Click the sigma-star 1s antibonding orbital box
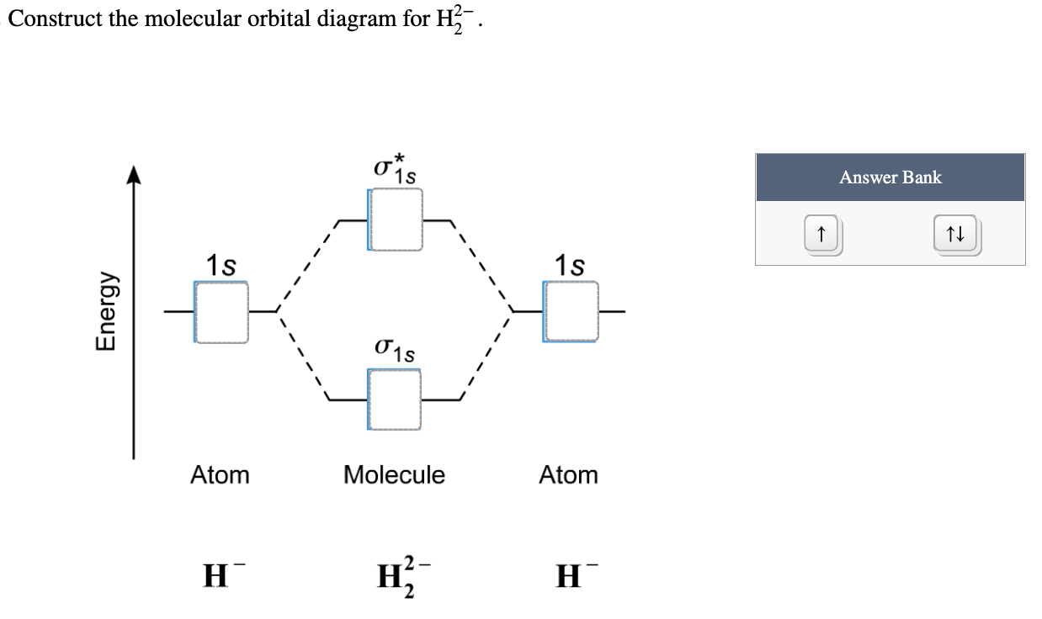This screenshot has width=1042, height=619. click(x=395, y=220)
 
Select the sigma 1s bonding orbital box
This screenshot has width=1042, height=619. click(x=395, y=399)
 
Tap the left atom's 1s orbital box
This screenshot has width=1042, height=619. click(x=221, y=312)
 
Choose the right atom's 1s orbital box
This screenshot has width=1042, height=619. click(x=571, y=312)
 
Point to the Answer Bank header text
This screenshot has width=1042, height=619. click(x=890, y=177)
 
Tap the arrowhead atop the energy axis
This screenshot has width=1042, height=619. click(x=132, y=175)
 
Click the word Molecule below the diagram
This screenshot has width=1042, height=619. click(x=394, y=475)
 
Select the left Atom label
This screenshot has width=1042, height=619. click(x=220, y=475)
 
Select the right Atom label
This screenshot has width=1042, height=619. click(x=568, y=475)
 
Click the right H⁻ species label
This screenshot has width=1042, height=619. click(x=567, y=578)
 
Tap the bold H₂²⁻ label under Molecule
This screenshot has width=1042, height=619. click(x=393, y=578)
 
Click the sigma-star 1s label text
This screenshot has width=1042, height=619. click(x=394, y=167)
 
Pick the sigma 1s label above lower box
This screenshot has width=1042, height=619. click(x=394, y=348)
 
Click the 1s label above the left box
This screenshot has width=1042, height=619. click(x=221, y=266)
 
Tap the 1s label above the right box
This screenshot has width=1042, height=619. click(x=570, y=266)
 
